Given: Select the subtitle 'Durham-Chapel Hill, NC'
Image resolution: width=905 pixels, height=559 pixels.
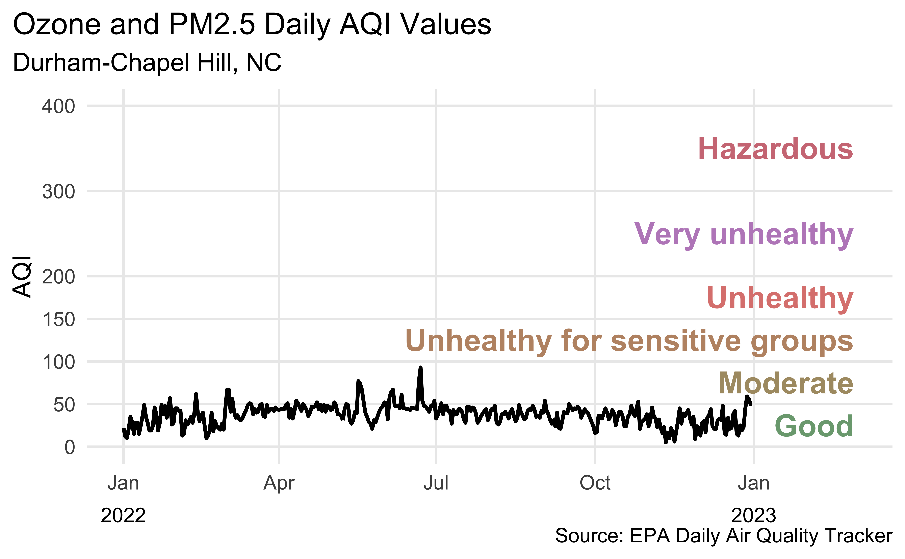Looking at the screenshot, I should pos(147,62).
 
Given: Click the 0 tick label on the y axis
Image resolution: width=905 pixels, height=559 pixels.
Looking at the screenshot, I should pos(70,447).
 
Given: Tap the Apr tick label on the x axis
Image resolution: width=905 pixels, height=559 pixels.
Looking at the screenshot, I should pos(279,483).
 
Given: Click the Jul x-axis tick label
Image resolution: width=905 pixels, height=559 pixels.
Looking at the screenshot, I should pos(436,483).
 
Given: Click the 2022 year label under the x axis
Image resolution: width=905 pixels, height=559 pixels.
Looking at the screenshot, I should pos(123,515).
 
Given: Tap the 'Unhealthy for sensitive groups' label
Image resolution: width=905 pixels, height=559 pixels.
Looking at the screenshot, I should pos(629,341).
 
